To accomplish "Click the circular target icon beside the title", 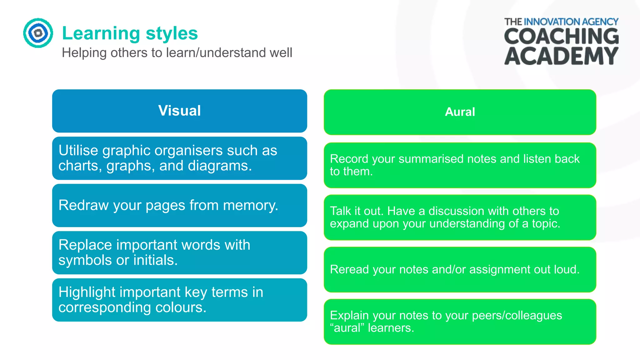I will pyautogui.click(x=38, y=33).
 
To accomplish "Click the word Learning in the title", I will pyautogui.click(x=101, y=33).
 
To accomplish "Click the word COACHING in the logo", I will pyautogui.click(x=561, y=36).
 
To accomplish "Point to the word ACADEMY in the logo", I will pyautogui.click(x=561, y=56).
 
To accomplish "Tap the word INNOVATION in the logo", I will pyautogui.click(x=552, y=22).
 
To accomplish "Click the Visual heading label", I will pyautogui.click(x=179, y=111).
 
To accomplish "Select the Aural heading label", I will pyautogui.click(x=460, y=112).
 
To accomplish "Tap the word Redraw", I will pyautogui.click(x=83, y=205).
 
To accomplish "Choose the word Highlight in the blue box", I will pyautogui.click(x=87, y=292).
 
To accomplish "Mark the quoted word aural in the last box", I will pyautogui.click(x=347, y=328).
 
